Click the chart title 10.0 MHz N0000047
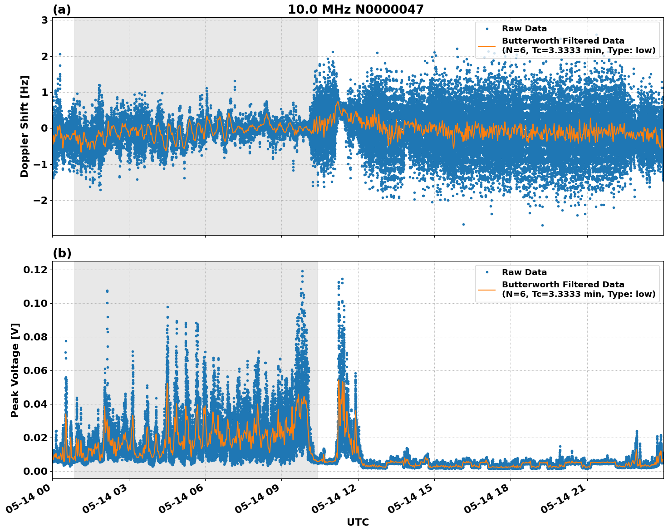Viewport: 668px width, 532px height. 355,10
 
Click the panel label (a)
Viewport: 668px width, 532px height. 62,10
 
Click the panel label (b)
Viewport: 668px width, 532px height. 62,253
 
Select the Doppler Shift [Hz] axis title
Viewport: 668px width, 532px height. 25,126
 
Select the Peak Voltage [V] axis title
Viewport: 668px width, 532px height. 15,370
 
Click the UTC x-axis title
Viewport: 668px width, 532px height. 358,522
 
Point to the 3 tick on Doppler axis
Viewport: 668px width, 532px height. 44,20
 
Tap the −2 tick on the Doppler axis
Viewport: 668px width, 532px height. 41,200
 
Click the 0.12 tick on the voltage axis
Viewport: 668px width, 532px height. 35,270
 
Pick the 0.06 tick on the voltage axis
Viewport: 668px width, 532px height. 35,370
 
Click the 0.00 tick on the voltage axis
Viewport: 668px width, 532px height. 35,471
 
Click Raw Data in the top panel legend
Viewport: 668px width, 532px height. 524,29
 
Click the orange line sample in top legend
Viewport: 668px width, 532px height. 487,45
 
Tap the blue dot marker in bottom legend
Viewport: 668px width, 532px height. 487,272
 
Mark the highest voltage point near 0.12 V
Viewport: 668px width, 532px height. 302,271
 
